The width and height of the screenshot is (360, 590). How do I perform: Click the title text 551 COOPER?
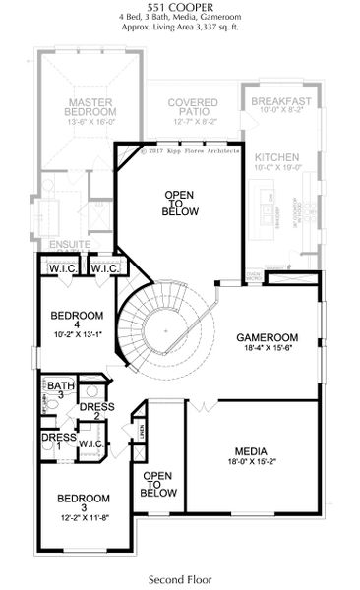[179, 8]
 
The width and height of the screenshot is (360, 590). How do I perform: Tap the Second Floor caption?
[179, 578]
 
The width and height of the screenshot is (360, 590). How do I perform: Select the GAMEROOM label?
[267, 337]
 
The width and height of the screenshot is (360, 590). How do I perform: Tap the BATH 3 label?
[61, 391]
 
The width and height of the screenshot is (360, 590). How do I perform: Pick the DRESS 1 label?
[55, 442]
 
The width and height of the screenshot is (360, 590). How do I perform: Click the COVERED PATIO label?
[192, 108]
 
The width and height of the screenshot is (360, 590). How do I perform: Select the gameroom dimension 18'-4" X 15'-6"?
[267, 349]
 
